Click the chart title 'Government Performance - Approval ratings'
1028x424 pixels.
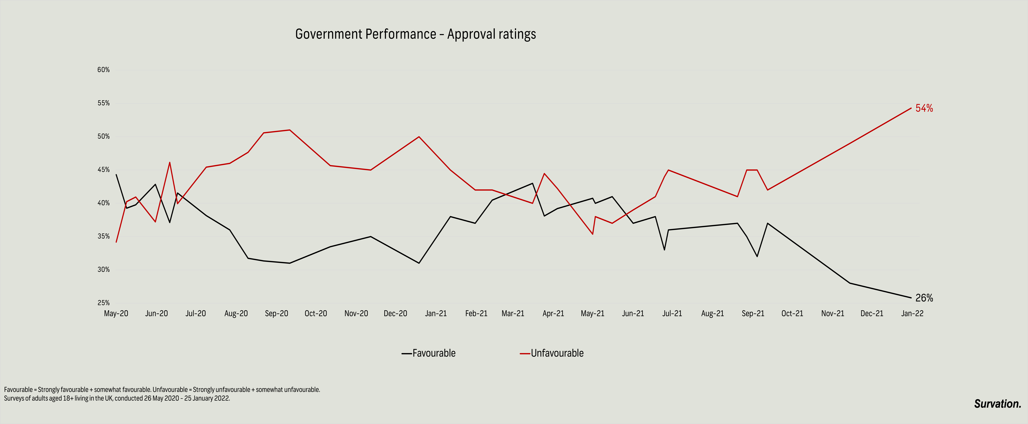(x=415, y=34)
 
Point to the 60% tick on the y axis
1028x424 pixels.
(x=103, y=70)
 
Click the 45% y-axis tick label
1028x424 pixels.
(x=103, y=170)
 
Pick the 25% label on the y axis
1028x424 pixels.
(x=103, y=303)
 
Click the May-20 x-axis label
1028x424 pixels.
(x=116, y=313)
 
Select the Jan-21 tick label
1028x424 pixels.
(x=436, y=313)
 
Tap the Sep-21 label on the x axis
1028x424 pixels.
(x=753, y=313)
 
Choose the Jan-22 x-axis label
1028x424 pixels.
(x=912, y=313)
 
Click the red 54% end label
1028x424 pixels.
(x=924, y=108)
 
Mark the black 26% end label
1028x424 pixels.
(x=924, y=298)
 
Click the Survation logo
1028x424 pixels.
(x=997, y=404)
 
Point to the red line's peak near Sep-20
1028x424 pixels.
(x=289, y=130)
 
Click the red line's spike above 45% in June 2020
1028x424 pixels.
(x=170, y=162)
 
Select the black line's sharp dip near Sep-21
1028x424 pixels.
(x=757, y=256)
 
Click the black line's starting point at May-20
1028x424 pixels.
(x=116, y=175)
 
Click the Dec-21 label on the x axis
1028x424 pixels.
(x=872, y=313)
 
